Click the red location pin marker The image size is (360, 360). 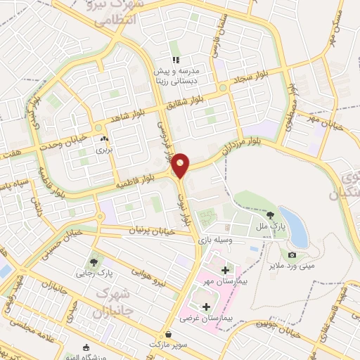[x=181, y=165]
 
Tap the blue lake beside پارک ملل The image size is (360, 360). [x=293, y=223]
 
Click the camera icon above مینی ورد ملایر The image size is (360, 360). [x=292, y=255]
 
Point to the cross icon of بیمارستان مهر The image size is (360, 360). [x=225, y=270]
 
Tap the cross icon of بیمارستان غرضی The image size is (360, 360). [x=206, y=307]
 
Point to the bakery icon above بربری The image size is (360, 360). [x=104, y=139]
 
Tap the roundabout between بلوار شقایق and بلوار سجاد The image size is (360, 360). [x=222, y=88]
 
